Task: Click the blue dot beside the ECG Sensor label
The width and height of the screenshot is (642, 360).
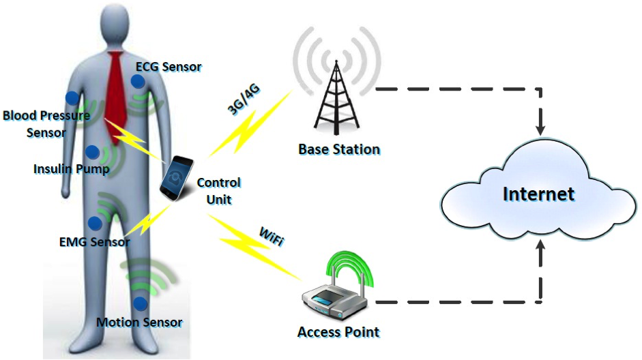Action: click(x=138, y=81)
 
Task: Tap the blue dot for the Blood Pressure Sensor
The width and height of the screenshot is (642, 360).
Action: click(x=72, y=97)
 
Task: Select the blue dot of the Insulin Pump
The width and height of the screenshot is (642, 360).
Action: click(x=93, y=152)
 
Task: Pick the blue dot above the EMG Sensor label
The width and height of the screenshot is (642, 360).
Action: click(x=95, y=223)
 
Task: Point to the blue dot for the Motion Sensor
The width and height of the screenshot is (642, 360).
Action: click(x=141, y=303)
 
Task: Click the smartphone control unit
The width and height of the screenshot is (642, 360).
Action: click(x=177, y=178)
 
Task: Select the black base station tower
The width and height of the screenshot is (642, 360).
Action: click(x=336, y=97)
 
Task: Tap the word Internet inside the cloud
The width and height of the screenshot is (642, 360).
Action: click(x=538, y=194)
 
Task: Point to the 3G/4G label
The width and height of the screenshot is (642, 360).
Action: click(x=243, y=100)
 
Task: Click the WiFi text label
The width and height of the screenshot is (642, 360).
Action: click(x=271, y=237)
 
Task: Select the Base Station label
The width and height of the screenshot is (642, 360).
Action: click(x=339, y=149)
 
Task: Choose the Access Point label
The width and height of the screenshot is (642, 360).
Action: click(x=338, y=332)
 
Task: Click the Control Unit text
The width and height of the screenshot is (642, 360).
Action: click(x=218, y=191)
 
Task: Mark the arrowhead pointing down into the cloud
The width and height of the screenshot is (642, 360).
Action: click(x=540, y=130)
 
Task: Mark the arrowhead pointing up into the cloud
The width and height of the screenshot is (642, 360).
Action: click(x=540, y=246)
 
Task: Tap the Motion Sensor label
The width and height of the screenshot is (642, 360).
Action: click(x=139, y=322)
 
